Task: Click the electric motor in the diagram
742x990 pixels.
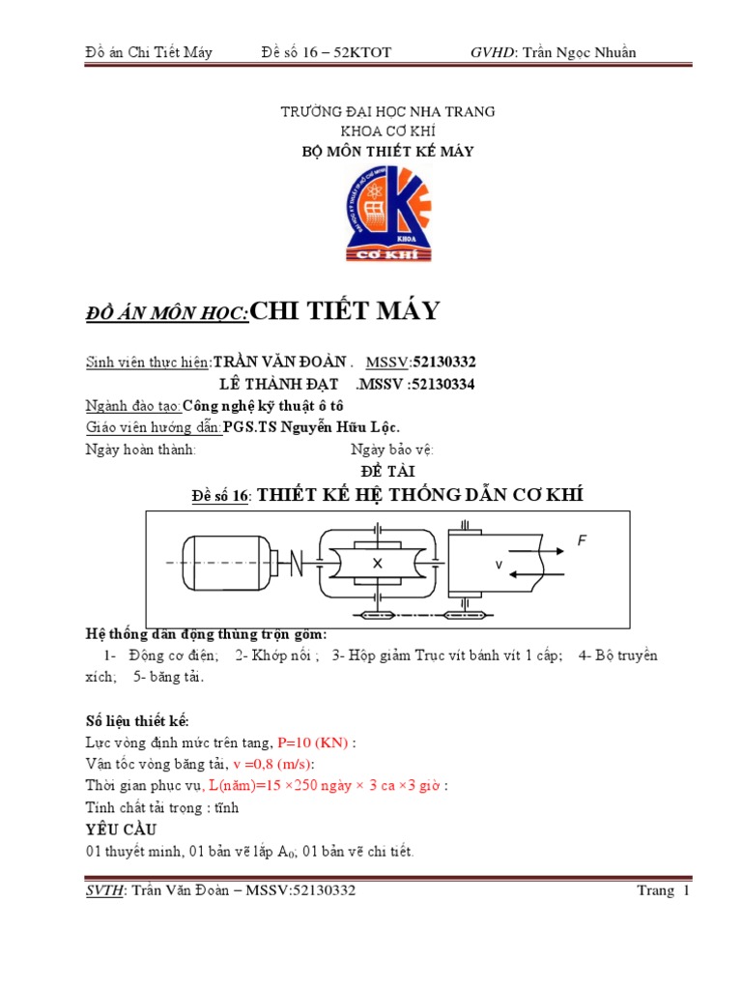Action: pyautogui.click(x=224, y=562)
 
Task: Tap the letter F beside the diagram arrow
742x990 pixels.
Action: pyautogui.click(x=582, y=541)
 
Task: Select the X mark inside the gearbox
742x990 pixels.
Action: pyautogui.click(x=378, y=563)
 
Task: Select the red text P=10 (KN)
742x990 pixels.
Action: pyautogui.click(x=313, y=742)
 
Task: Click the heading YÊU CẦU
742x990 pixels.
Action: pyautogui.click(x=122, y=830)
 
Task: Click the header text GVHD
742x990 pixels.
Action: pyautogui.click(x=493, y=52)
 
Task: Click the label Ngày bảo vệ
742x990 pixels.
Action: pyautogui.click(x=392, y=450)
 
